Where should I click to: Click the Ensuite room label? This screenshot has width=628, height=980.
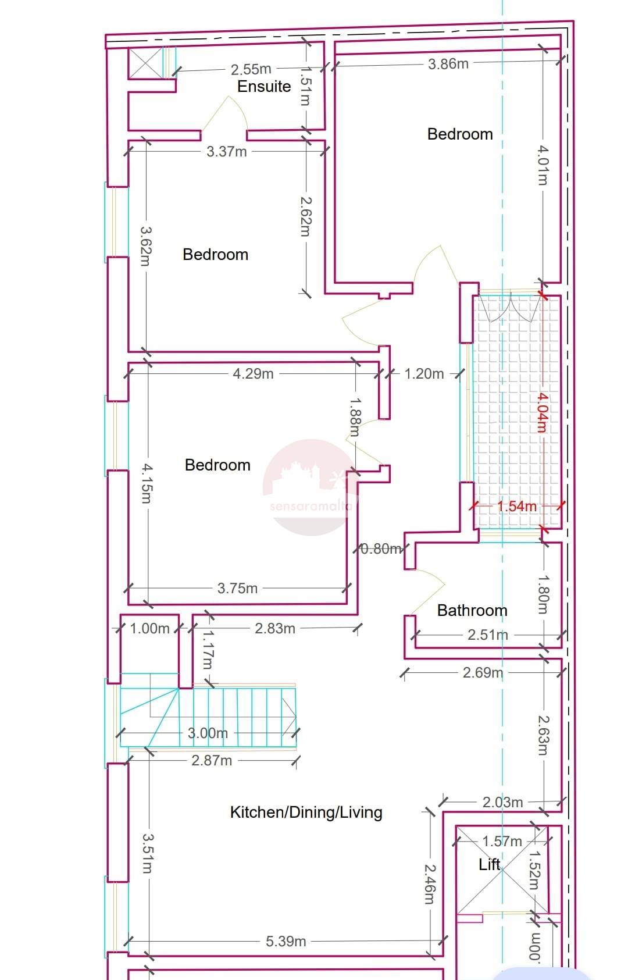pos(264,87)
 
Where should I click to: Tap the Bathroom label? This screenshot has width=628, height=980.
pos(472,610)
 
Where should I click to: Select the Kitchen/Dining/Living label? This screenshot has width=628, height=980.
pos(306,812)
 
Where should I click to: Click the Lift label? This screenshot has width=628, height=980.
pos(490,864)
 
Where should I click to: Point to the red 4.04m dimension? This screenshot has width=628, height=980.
pos(542,412)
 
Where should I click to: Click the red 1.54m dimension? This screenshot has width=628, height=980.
pos(516,507)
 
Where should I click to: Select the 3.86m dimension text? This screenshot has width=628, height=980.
pos(448,64)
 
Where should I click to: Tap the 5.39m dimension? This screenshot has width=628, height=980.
pos(286,941)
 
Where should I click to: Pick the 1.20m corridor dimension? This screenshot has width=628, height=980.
pos(424,374)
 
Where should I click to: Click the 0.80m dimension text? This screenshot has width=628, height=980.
pos(381,548)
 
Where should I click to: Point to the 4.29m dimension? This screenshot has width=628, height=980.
pos(253,374)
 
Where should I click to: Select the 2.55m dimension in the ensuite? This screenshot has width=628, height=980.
pos(251,69)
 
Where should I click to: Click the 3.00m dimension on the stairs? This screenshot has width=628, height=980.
pos(208,733)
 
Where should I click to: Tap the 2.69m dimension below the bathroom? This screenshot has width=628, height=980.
pos(483,673)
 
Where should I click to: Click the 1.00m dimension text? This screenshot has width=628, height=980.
pos(149,629)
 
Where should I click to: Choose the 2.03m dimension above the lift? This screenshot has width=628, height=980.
pos(502,803)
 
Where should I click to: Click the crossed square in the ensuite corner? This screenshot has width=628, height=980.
pos(145,63)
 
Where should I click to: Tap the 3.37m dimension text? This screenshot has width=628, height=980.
pos(227,152)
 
